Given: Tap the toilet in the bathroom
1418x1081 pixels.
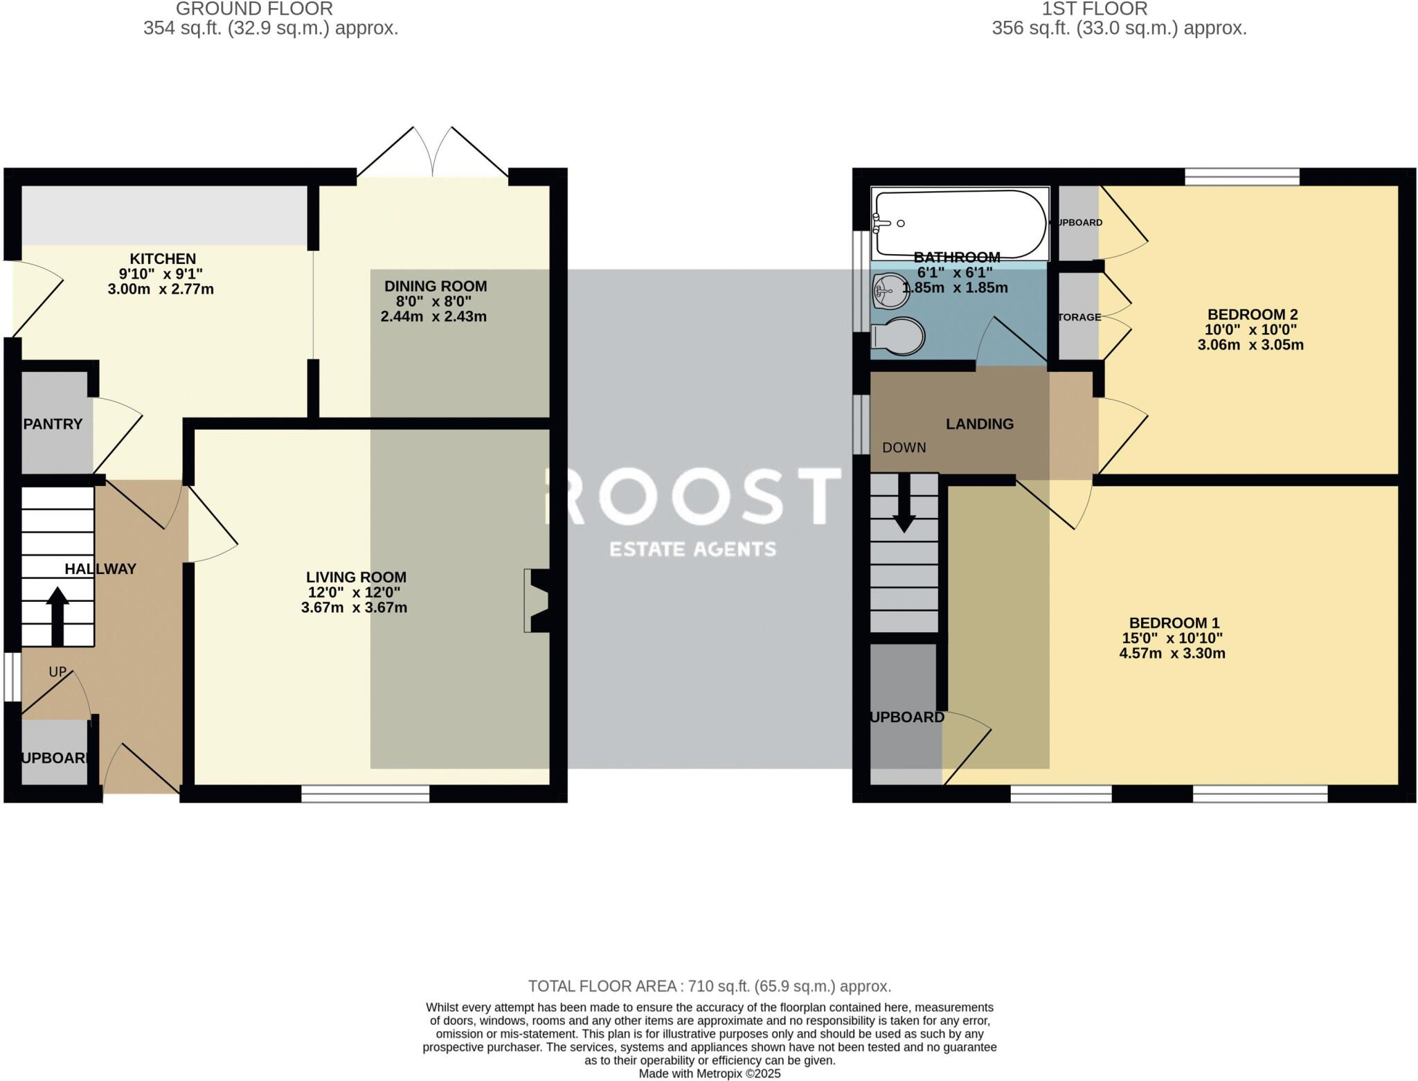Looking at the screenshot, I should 899,337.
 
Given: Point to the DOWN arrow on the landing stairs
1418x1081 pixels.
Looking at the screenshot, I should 904,503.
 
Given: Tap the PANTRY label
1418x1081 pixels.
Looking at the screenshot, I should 53,424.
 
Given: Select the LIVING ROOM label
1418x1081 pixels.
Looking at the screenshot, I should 356,577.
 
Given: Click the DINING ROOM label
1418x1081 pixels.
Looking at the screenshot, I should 436,286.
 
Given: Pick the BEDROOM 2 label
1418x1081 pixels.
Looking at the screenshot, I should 1252,314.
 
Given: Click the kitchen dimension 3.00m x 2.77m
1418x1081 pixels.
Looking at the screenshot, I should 161,289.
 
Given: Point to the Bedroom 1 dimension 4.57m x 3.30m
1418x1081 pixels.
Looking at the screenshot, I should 1172,654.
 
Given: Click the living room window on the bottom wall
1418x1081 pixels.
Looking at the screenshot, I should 366,794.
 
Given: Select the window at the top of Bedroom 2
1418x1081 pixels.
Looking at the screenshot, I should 1242,177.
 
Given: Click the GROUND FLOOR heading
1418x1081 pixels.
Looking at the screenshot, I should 254,9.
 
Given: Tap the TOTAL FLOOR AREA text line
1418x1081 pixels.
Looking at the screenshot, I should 709,986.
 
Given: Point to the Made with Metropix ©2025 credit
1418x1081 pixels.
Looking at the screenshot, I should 709,1074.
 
